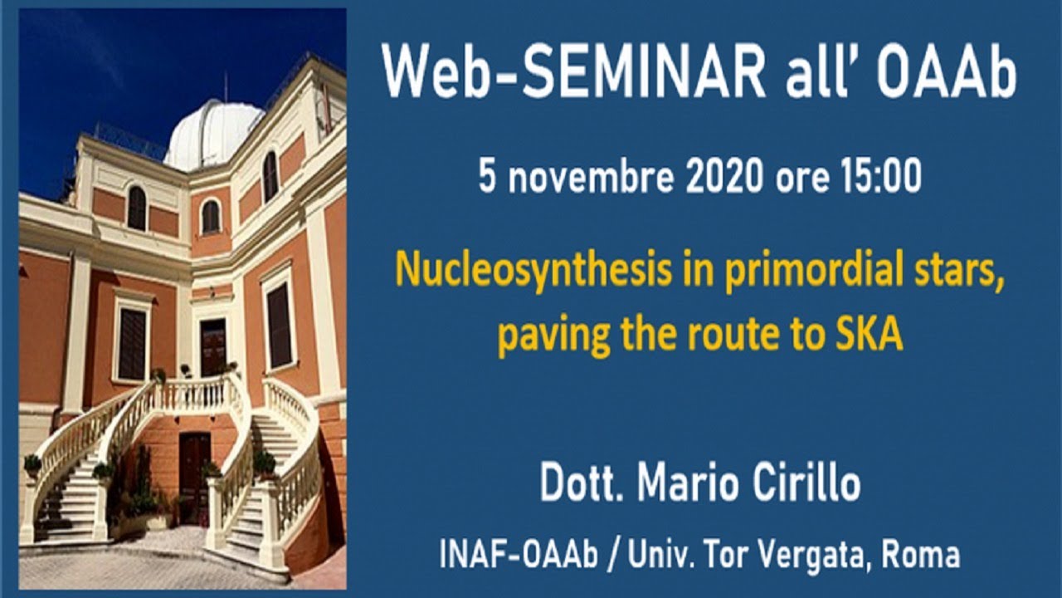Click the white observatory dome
[213, 133]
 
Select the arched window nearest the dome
[270, 175]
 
